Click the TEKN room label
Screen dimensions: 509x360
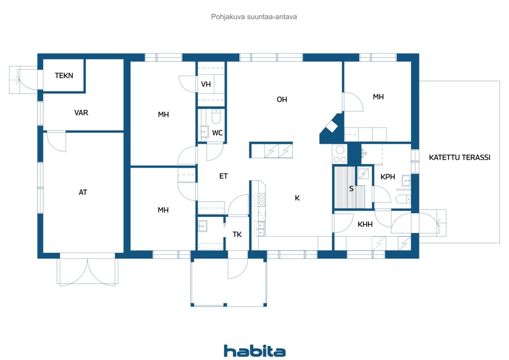point(64,76)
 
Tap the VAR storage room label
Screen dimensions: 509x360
point(81,113)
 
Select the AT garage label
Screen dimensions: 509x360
point(83,192)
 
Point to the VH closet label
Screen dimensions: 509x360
point(206,84)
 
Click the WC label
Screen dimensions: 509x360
point(217,133)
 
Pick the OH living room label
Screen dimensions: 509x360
point(282,99)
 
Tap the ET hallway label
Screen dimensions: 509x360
point(223,176)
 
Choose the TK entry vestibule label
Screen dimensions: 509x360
point(237,234)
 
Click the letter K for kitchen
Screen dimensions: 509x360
point(297,198)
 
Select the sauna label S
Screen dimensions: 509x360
point(351,189)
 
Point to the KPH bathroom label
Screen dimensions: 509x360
point(388,177)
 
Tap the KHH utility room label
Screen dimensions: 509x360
point(365,224)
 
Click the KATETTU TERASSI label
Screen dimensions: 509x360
point(459,157)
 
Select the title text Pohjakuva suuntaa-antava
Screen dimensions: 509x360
point(254,17)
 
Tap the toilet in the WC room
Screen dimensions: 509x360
point(216,117)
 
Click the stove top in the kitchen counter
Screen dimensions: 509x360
point(258,200)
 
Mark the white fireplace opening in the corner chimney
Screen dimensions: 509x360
point(332,127)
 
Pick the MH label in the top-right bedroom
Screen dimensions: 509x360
point(378,97)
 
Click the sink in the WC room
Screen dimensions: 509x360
point(204,132)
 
